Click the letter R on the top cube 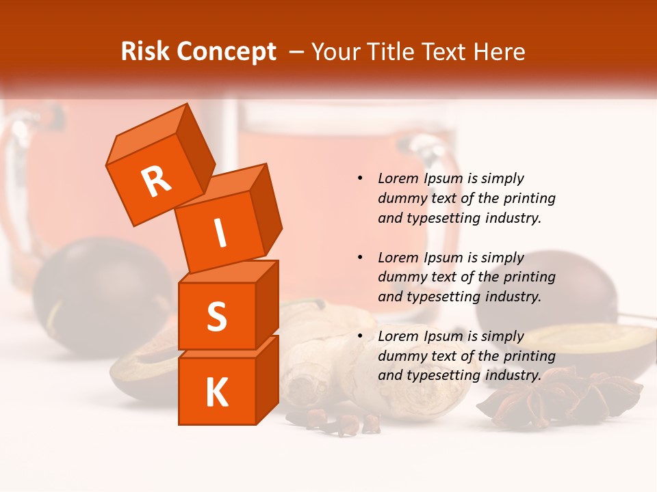156,181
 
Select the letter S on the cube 216,316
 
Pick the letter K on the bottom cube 216,393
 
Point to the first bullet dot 360,178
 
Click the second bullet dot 360,258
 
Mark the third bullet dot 360,336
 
